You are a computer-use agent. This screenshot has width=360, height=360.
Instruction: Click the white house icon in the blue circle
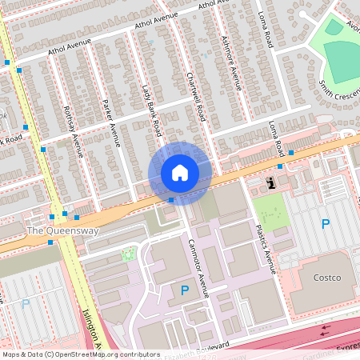click(180, 173)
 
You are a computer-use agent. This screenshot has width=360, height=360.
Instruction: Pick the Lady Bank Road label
click(151, 112)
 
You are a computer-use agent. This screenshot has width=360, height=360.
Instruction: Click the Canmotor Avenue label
click(198, 267)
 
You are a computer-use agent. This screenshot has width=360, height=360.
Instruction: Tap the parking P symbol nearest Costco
click(326, 224)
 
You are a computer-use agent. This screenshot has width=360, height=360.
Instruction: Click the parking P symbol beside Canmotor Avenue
click(186, 290)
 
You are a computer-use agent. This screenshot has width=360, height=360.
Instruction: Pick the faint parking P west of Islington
click(26, 303)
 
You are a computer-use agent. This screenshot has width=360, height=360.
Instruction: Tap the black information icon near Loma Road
click(271, 183)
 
